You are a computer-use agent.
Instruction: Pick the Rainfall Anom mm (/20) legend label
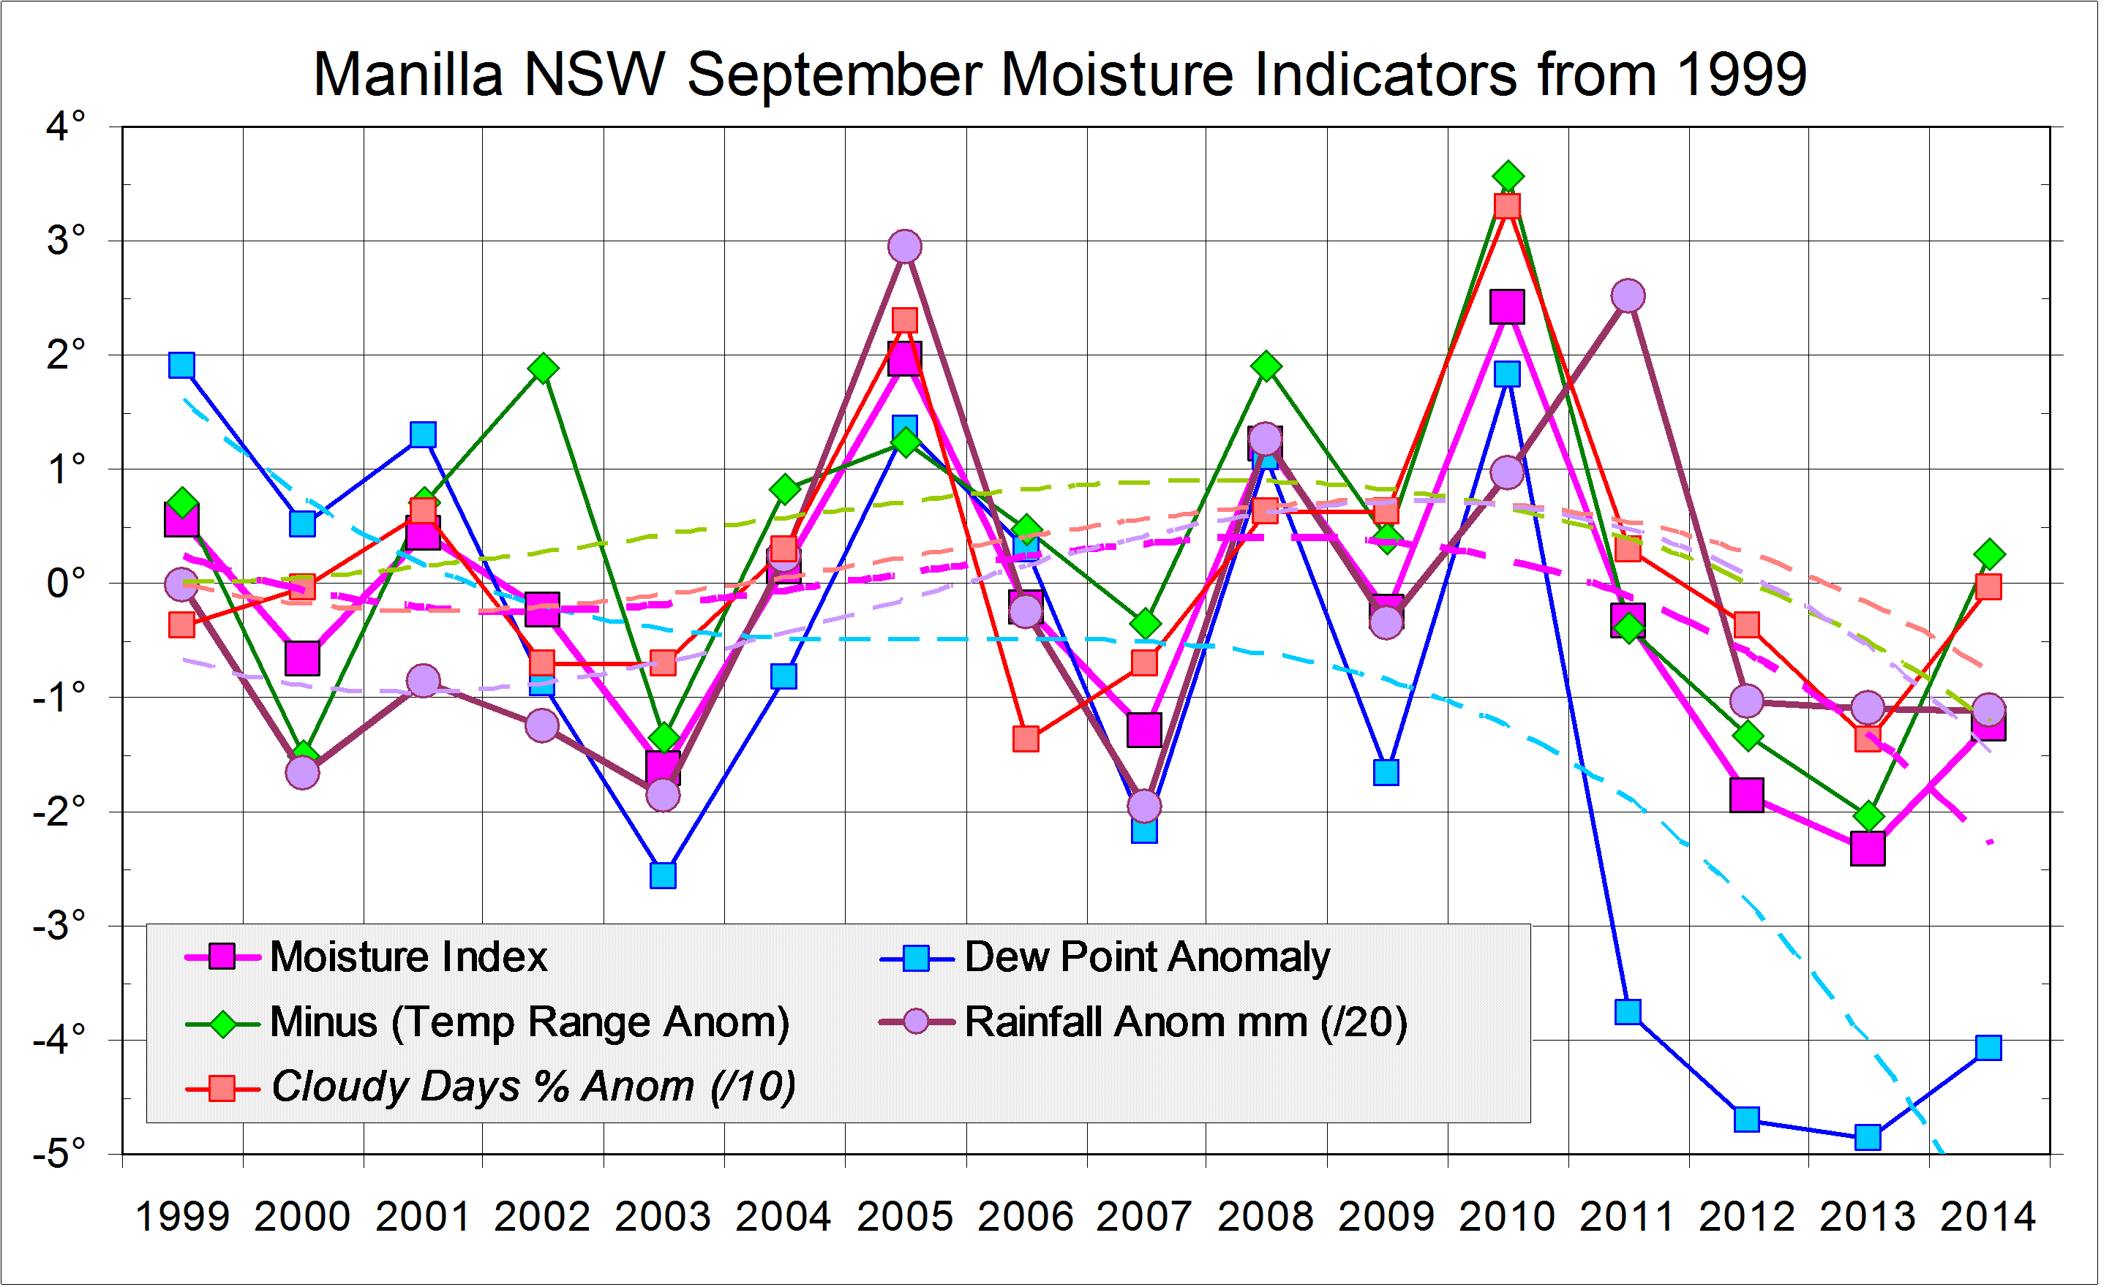click(1185, 1022)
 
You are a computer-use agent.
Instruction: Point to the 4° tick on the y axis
click(66, 127)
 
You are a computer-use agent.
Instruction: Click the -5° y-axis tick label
click(60, 1153)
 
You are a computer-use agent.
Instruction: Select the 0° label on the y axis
click(66, 584)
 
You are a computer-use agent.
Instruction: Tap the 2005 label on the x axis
click(905, 1216)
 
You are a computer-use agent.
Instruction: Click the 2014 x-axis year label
click(1988, 1216)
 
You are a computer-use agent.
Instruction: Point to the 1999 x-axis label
click(182, 1216)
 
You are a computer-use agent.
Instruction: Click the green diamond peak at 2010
click(1508, 176)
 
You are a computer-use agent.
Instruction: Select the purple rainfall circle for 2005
click(905, 247)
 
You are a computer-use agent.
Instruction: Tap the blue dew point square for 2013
click(1868, 1137)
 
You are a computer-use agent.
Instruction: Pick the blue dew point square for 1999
click(181, 366)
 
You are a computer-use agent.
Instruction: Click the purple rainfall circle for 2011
click(1628, 295)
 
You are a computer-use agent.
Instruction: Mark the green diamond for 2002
click(542, 369)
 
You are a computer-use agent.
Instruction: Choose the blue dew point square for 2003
click(663, 875)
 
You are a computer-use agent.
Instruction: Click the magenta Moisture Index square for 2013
click(1868, 849)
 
